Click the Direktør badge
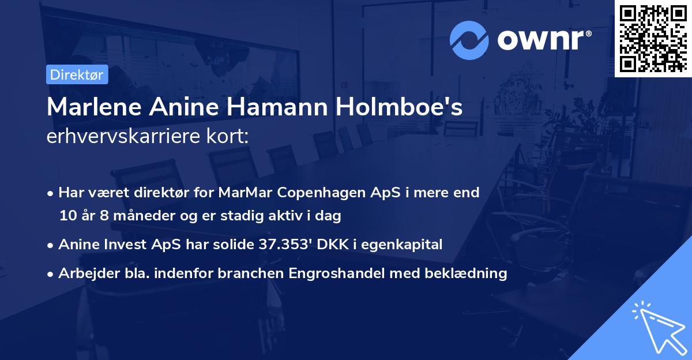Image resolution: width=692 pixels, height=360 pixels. coord(76,74)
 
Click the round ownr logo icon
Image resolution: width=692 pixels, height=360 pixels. coord(469,41)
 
